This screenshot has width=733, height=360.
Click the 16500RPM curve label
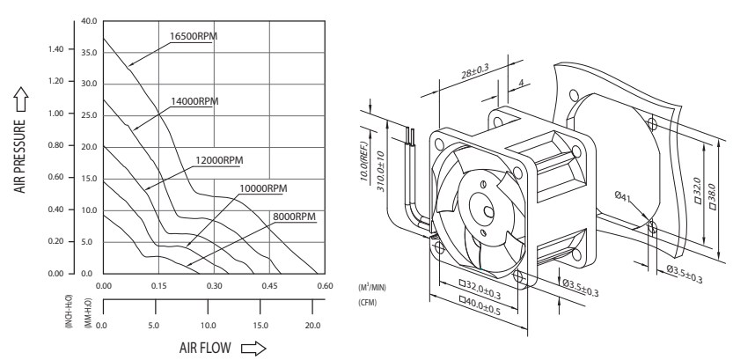pos(194,36)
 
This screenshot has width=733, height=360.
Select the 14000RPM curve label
pos(194,101)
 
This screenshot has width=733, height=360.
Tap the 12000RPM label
pos(219,160)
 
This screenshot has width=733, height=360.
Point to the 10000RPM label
pos(263,188)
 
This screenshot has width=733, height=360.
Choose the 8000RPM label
pos(295,217)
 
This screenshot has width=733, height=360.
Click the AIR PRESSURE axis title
pos(19,156)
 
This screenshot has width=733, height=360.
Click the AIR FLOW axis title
pos(205,348)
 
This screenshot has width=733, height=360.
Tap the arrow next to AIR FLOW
pos(253,349)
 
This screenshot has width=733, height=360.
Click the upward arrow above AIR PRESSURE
pos(20,99)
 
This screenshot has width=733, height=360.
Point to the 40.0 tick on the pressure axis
pos(89,21)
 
